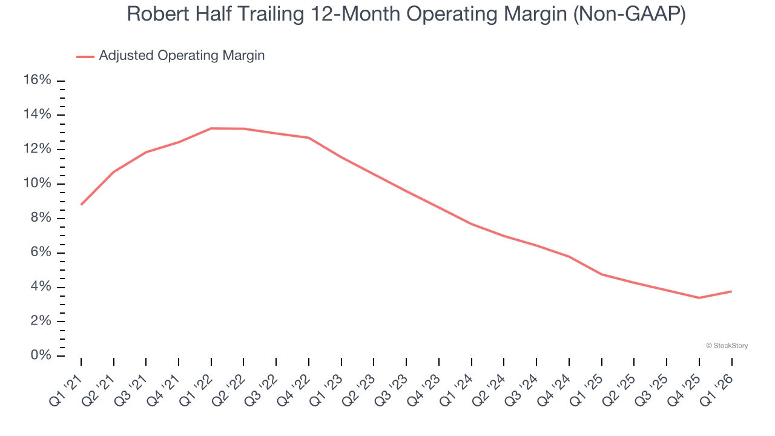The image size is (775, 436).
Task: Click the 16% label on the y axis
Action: (37, 80)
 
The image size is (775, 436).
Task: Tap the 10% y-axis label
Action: (37, 183)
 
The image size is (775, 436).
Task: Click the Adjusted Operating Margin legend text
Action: (182, 56)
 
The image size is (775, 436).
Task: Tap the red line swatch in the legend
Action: (85, 56)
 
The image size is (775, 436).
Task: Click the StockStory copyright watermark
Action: (727, 346)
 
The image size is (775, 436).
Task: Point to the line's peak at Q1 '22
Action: (211, 128)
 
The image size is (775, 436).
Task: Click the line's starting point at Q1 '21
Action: (81, 205)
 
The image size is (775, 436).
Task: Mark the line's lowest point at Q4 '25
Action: (699, 297)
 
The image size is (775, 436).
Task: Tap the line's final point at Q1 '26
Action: (731, 291)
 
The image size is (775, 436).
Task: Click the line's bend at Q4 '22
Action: (309, 137)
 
